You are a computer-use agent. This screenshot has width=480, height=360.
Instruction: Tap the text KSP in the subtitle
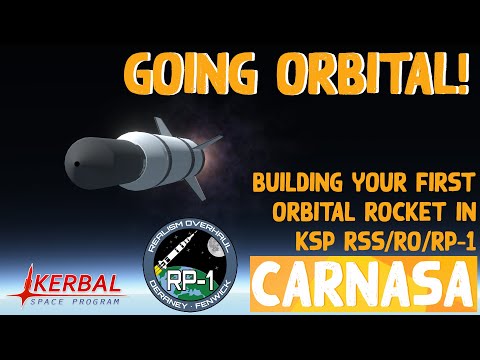click(x=288, y=241)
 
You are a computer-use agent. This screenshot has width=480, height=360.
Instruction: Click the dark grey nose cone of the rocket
click(x=90, y=159)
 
